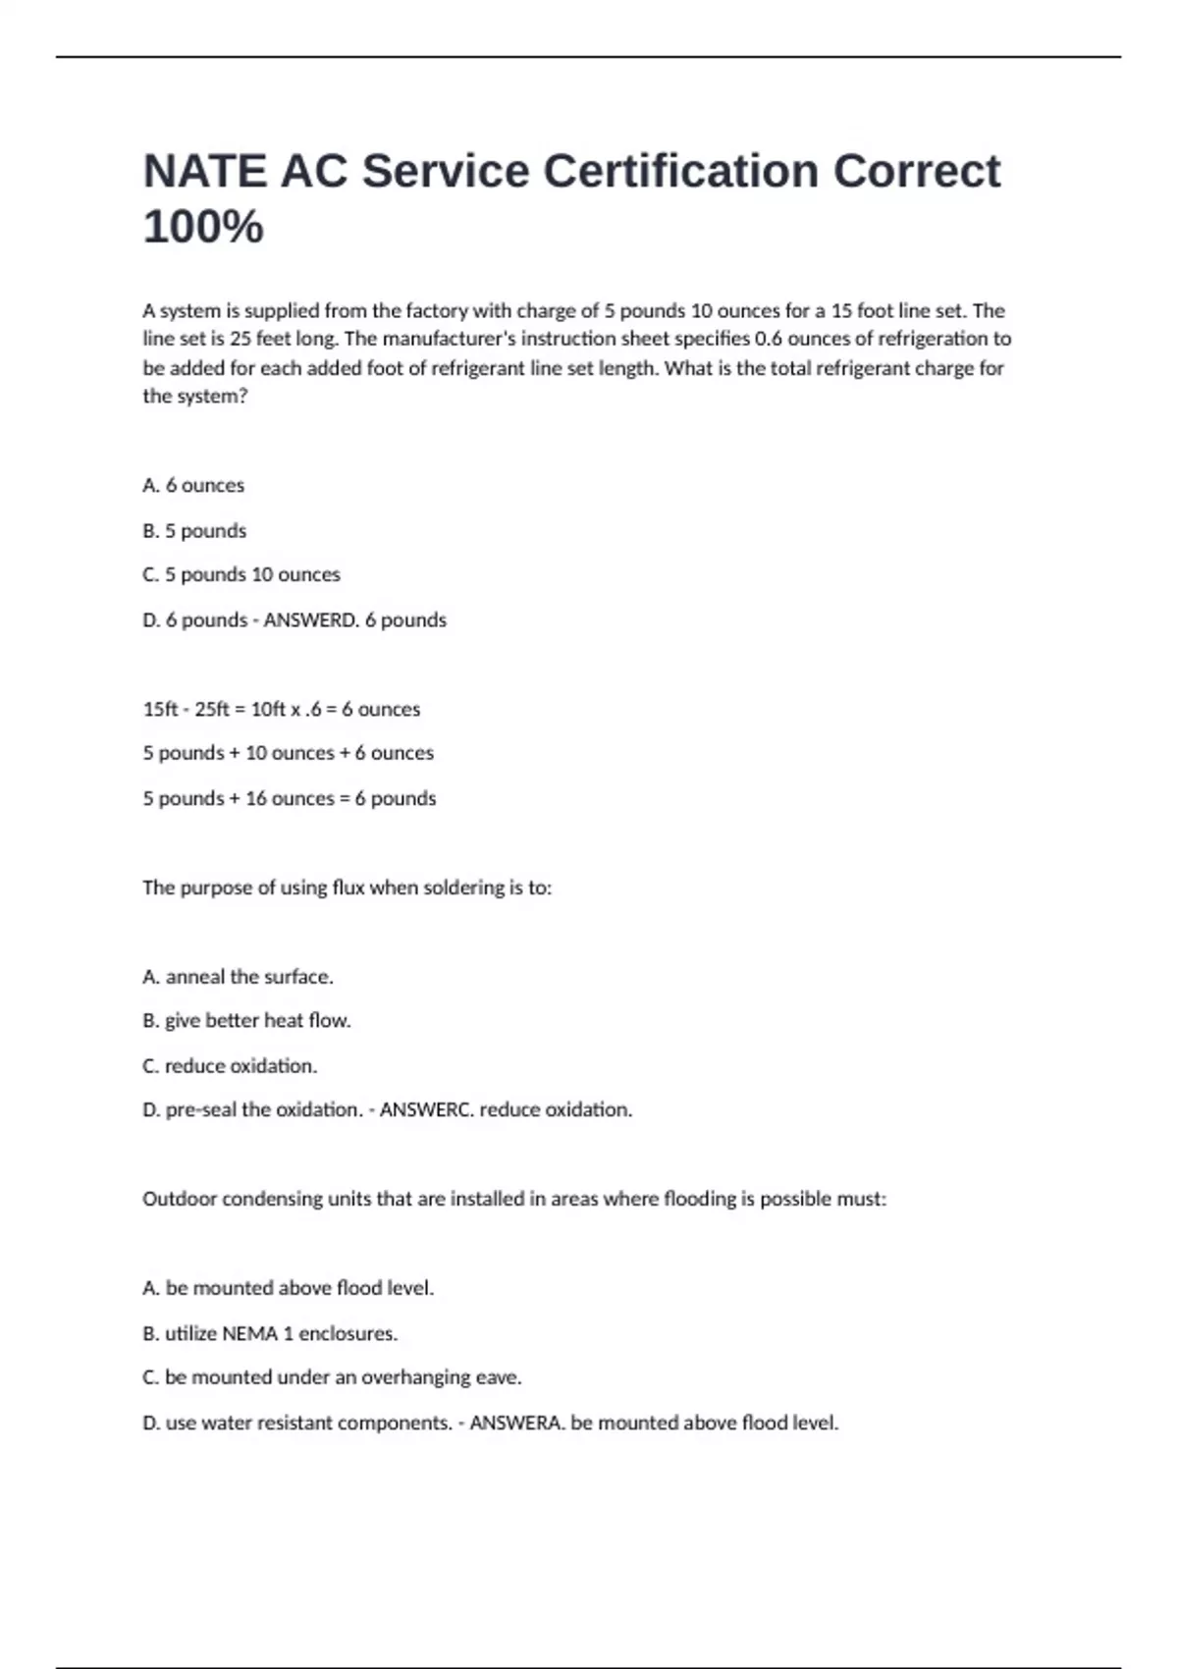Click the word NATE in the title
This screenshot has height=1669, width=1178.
203,172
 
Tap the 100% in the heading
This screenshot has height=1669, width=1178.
203,227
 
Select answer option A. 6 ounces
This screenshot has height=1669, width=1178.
193,485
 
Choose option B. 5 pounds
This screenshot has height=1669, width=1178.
194,531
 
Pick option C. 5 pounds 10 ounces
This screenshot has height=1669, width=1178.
241,575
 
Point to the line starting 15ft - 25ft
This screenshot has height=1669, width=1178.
281,709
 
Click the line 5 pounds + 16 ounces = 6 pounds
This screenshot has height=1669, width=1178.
289,798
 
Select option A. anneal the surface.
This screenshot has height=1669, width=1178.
238,977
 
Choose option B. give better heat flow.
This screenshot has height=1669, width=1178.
246,1021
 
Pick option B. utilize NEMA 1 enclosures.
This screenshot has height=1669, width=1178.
270,1333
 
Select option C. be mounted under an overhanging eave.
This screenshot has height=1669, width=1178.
332,1377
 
